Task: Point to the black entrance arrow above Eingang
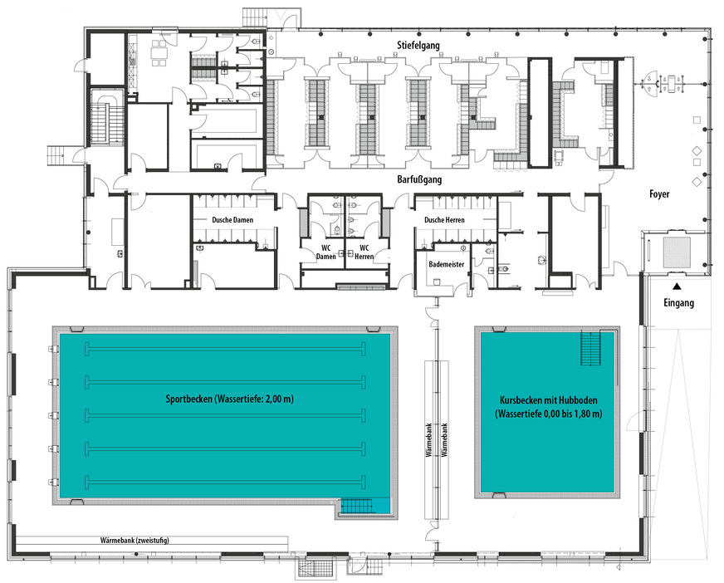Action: (x=676, y=287)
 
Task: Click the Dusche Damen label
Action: (x=232, y=220)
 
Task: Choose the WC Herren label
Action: (x=363, y=252)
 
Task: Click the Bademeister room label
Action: (x=446, y=263)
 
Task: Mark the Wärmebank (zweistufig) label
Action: (x=129, y=540)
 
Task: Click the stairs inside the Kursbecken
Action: (x=592, y=346)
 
